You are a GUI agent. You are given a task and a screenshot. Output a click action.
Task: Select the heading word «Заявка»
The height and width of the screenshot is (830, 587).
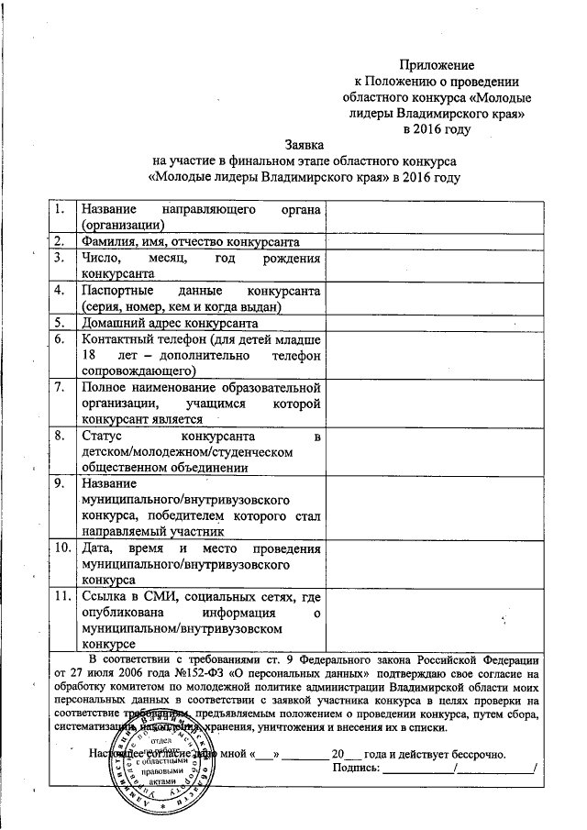305,144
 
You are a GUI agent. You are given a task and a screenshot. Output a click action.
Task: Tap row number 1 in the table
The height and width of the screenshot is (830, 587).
61,209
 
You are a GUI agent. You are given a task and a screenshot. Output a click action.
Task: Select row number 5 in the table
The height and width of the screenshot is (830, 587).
61,322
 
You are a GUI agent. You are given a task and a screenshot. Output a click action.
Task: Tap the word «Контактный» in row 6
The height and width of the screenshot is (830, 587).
116,338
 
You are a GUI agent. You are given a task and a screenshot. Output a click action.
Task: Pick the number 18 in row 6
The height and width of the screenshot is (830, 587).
89,354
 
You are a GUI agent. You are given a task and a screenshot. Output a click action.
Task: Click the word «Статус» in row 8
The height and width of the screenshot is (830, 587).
102,435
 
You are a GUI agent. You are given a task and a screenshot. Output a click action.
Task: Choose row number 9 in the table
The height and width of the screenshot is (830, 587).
61,483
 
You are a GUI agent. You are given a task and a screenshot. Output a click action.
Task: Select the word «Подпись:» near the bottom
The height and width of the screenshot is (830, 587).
356,769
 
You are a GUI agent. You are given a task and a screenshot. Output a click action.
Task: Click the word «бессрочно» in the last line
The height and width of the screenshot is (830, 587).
472,753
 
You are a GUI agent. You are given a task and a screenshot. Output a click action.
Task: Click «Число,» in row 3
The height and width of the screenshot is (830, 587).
102,259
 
